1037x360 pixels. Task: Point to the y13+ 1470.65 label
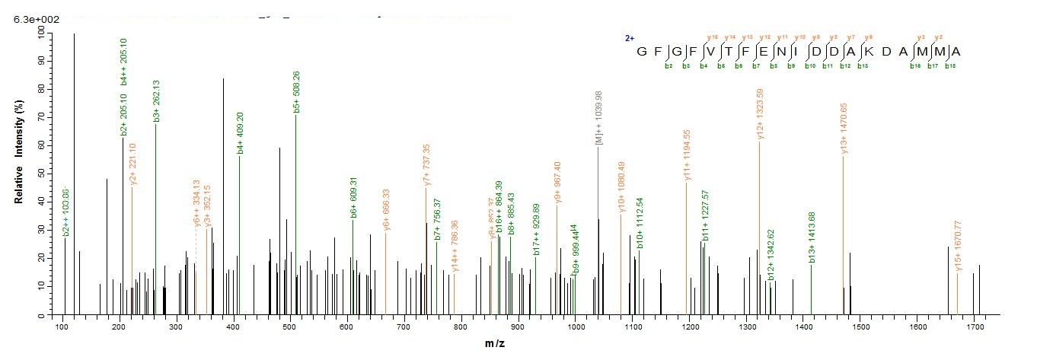(844, 130)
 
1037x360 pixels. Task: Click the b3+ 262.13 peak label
(156, 100)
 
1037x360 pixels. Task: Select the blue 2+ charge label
(630, 38)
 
